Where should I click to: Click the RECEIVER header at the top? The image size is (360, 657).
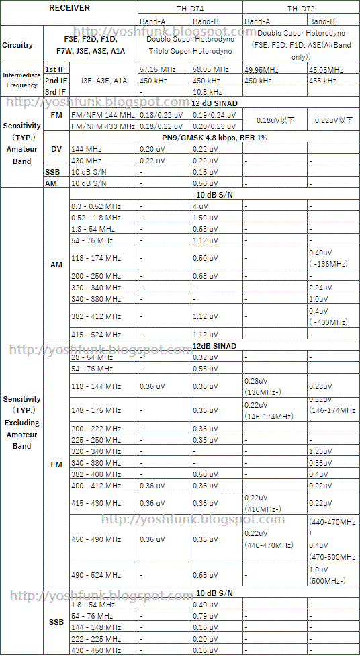[70, 7]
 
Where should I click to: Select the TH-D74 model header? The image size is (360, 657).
[191, 8]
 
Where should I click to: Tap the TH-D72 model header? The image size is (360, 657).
[301, 8]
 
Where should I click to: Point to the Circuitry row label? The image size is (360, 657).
[17, 45]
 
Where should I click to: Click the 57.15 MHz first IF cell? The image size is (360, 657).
[157, 70]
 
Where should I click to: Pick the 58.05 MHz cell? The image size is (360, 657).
[210, 70]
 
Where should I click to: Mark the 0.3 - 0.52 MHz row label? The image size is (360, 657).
[94, 206]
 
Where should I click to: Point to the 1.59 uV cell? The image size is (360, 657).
[205, 218]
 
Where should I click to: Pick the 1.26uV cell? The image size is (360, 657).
[320, 451]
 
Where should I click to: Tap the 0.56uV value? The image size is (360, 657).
[320, 463]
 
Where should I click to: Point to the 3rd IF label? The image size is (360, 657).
[55, 91]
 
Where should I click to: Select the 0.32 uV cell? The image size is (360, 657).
[205, 357]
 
